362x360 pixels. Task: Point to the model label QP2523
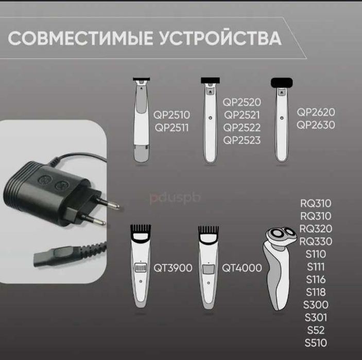pos(242,140)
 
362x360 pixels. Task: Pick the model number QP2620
pos(316,112)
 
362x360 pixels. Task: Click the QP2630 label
pos(316,125)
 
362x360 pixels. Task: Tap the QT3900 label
pos(173,268)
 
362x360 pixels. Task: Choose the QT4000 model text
pos(242,268)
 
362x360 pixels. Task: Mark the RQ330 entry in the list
pos(316,242)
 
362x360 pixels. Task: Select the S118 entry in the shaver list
pos(317,292)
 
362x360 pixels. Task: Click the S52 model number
pos(317,330)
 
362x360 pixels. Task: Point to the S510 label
pos(317,343)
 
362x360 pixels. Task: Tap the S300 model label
pos(317,305)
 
